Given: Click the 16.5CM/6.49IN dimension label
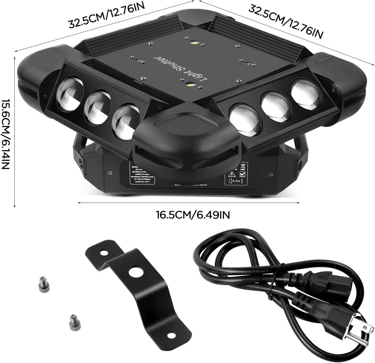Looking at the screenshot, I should [x=193, y=215].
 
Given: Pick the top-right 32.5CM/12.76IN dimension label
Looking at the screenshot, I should [x=285, y=22].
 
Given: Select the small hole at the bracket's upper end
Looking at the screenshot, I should [x=103, y=253].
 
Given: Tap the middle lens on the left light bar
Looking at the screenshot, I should [x=96, y=104].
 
